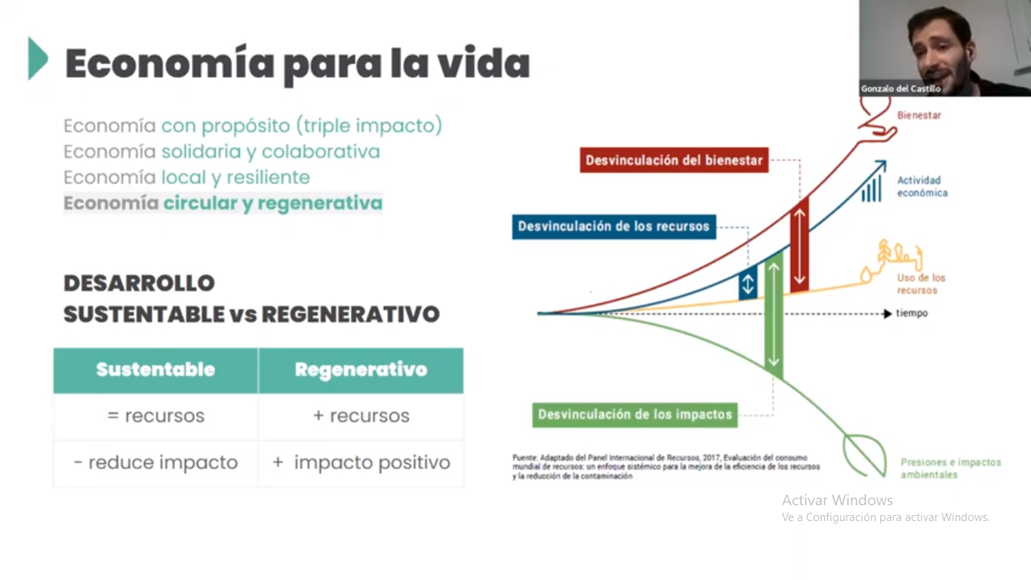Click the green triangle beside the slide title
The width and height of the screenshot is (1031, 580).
[x=38, y=58]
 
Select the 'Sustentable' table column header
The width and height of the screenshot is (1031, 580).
[x=155, y=370]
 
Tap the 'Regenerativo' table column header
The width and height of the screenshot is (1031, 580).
[x=361, y=370]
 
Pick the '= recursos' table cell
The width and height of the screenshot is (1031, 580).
[x=155, y=416]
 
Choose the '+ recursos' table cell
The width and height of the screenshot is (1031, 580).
[x=361, y=416]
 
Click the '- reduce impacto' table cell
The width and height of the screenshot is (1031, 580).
[x=155, y=462]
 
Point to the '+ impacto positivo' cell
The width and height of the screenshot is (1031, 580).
[x=361, y=462]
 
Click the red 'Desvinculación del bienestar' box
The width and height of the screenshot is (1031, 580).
[x=674, y=160]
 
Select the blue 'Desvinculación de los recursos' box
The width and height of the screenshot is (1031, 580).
[x=614, y=227]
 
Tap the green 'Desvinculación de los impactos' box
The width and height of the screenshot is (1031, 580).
[x=635, y=415]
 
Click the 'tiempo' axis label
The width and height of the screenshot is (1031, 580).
[x=912, y=313]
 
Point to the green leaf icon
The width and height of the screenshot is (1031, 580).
[x=865, y=455]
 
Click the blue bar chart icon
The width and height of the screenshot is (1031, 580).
[x=871, y=188]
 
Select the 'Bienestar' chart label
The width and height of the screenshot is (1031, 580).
[x=919, y=116]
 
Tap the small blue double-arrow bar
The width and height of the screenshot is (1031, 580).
[x=748, y=283]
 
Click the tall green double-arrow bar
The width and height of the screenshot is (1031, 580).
[x=774, y=316]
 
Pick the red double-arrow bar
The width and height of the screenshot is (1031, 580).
[x=799, y=246]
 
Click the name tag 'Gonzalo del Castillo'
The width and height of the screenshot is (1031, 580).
[x=900, y=88]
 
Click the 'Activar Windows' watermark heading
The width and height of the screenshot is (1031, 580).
[x=837, y=500]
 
